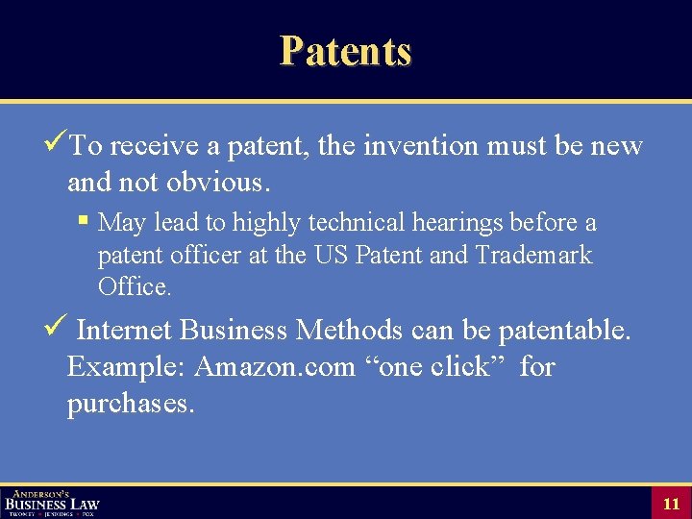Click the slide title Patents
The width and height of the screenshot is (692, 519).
tap(345, 51)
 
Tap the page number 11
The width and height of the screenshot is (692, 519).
tap(671, 504)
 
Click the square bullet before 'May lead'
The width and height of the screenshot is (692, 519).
tap(84, 222)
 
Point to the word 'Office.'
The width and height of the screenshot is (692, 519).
tap(135, 286)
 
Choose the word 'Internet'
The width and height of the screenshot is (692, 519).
tap(124, 331)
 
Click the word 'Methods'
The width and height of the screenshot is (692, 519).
tap(349, 331)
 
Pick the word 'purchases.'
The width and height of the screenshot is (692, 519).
tap(131, 403)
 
